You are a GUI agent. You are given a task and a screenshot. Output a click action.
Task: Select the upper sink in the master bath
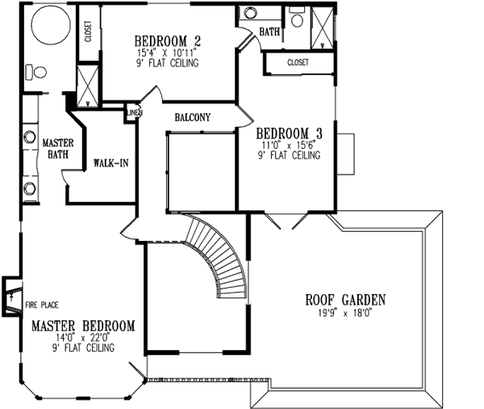click(30, 136)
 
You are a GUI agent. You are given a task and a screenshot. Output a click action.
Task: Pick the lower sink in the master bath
click(30, 188)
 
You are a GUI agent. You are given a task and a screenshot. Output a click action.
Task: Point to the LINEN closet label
click(131, 113)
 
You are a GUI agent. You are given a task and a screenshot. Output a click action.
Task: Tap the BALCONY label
click(192, 118)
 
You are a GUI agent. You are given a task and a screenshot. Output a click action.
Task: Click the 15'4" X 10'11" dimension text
click(167, 53)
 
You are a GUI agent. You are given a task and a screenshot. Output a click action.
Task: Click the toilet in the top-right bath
click(296, 21)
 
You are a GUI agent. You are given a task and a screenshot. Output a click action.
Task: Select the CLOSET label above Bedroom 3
click(298, 61)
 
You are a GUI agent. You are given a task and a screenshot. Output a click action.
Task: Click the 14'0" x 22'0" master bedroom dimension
click(83, 337)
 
